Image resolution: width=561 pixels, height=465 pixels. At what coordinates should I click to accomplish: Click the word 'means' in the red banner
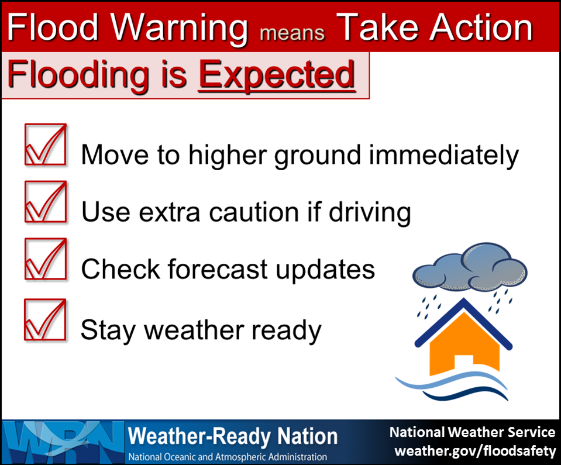(x=292, y=33)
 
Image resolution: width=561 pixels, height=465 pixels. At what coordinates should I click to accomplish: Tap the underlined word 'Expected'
(x=277, y=76)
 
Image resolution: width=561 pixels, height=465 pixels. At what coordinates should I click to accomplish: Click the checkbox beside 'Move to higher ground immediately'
(x=46, y=144)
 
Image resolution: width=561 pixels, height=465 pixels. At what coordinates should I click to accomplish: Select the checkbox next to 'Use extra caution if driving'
(x=46, y=202)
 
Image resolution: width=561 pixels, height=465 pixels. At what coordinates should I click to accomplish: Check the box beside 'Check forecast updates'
(x=46, y=259)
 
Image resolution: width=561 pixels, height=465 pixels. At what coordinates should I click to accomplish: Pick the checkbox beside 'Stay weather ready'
(x=45, y=319)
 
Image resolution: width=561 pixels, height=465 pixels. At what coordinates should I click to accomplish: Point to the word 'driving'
(x=370, y=212)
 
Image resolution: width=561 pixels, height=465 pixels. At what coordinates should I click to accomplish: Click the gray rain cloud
(x=470, y=267)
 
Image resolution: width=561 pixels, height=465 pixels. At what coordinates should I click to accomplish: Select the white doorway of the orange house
(x=464, y=363)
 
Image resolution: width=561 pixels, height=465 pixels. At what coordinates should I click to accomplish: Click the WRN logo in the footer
(x=63, y=442)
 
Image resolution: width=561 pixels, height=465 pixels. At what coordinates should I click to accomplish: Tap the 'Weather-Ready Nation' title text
(x=233, y=437)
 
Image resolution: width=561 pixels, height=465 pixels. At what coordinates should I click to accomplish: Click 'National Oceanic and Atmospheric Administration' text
(x=228, y=457)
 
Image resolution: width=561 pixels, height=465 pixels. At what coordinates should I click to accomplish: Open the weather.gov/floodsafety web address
(x=475, y=450)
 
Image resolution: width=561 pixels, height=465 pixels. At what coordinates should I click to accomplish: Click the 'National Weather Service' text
(x=472, y=432)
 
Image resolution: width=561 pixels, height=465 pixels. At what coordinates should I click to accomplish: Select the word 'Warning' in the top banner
(x=179, y=29)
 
